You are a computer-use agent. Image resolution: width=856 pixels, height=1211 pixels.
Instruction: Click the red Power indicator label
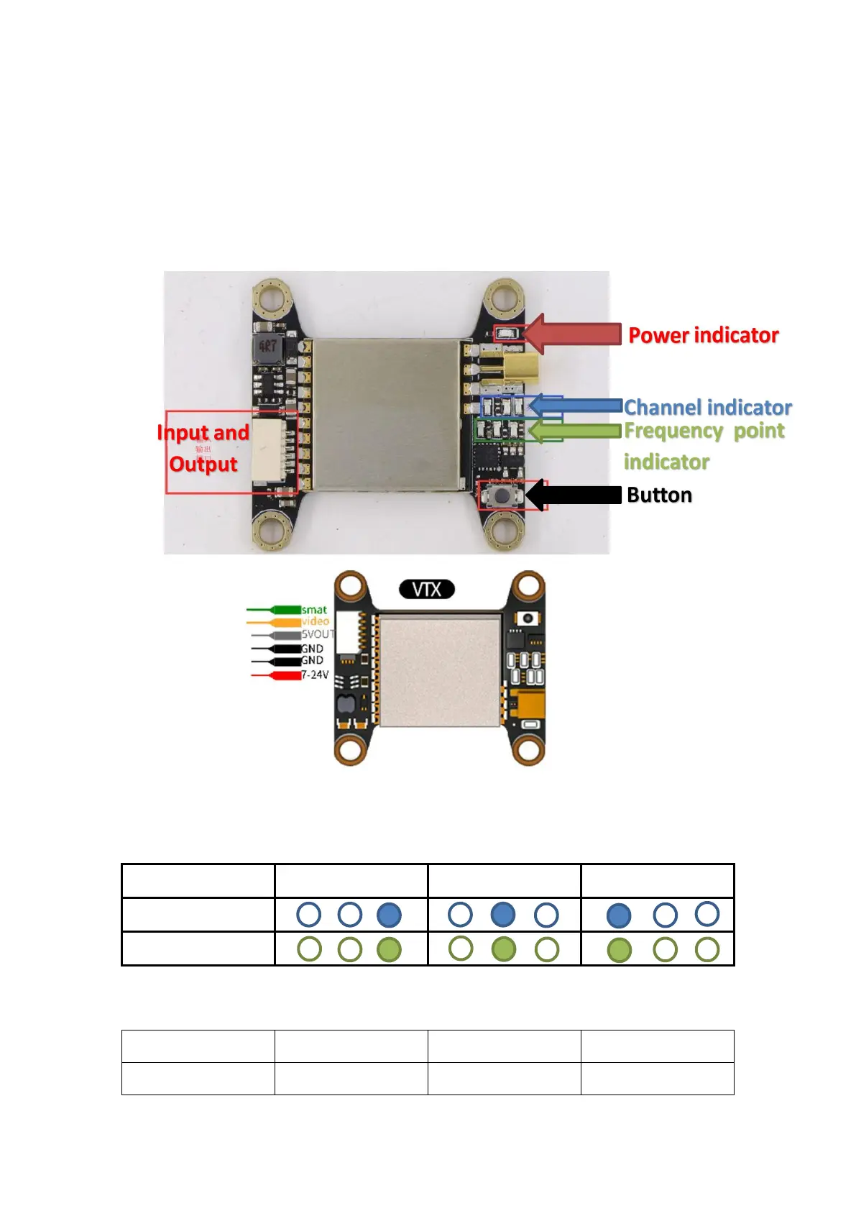pos(703,335)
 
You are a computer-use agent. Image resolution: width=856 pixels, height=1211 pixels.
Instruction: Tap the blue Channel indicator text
pos(707,408)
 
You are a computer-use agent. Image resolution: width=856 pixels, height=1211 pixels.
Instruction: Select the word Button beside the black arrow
pos(659,495)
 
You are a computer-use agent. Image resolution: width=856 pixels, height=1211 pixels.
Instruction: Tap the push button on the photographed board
pos(502,495)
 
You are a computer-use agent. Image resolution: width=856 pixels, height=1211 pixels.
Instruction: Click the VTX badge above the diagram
pos(427,590)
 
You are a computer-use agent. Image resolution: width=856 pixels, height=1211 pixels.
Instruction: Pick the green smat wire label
pos(314,610)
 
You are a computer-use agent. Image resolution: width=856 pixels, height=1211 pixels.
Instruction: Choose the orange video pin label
pos(315,621)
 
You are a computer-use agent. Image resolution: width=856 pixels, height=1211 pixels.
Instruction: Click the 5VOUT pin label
pos(318,634)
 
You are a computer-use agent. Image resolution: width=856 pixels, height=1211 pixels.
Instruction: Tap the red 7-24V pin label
pos(315,675)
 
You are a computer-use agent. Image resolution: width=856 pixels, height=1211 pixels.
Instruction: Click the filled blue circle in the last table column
pos(619,915)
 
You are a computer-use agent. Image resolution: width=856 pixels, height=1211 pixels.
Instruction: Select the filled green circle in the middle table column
pos(503,949)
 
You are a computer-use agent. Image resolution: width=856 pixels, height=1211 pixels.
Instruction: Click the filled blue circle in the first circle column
pos(389,915)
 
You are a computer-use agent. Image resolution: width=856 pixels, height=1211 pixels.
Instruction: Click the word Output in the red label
pos(203,464)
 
